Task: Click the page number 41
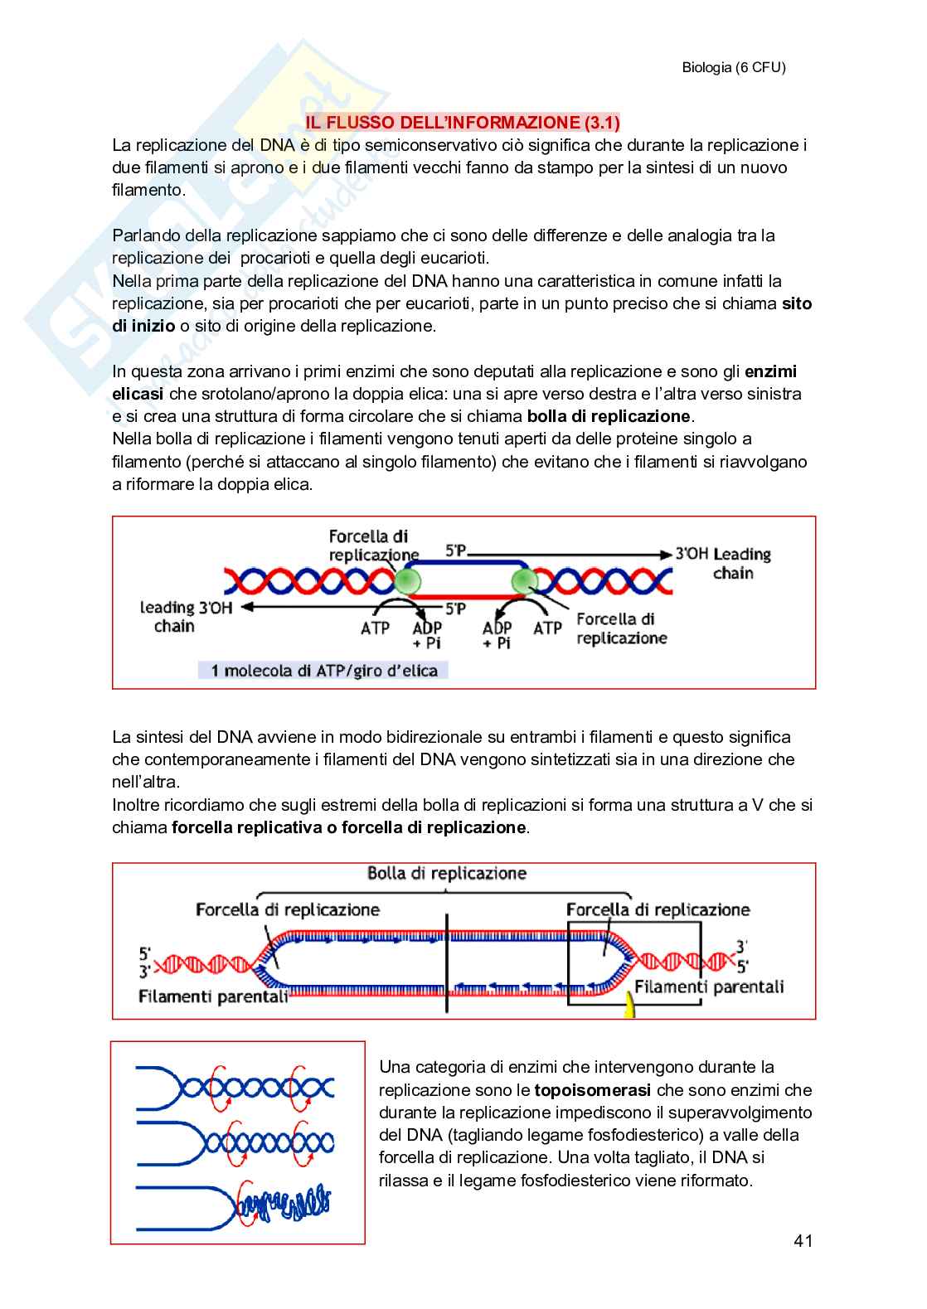(802, 1240)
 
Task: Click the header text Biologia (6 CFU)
(733, 68)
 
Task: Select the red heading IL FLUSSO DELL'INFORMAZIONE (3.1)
(463, 123)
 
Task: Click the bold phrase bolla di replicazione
(609, 416)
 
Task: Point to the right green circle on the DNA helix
(524, 581)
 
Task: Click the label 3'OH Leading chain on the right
(725, 563)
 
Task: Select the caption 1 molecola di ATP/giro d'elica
(323, 670)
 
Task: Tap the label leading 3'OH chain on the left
(185, 617)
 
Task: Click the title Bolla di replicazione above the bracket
(447, 873)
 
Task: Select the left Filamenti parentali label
(212, 996)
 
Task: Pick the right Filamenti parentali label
(709, 987)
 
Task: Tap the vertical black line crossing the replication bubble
(447, 962)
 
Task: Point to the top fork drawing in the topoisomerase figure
(235, 1087)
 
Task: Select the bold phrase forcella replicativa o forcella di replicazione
(348, 827)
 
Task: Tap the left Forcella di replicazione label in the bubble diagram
(287, 909)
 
